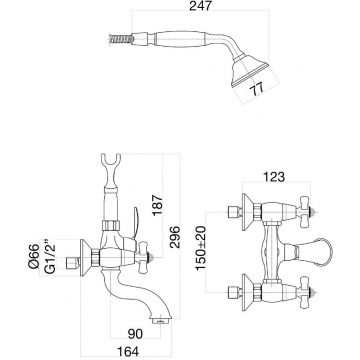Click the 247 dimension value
pos(200,6)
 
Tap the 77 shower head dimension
pos(257,88)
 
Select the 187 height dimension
pos(157,205)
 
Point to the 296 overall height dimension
pos(174,237)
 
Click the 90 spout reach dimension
pos(135,334)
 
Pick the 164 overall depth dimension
pos(127,351)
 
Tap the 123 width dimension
pos(274,177)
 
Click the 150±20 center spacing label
pos(201,248)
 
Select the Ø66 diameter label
pos(34,256)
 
